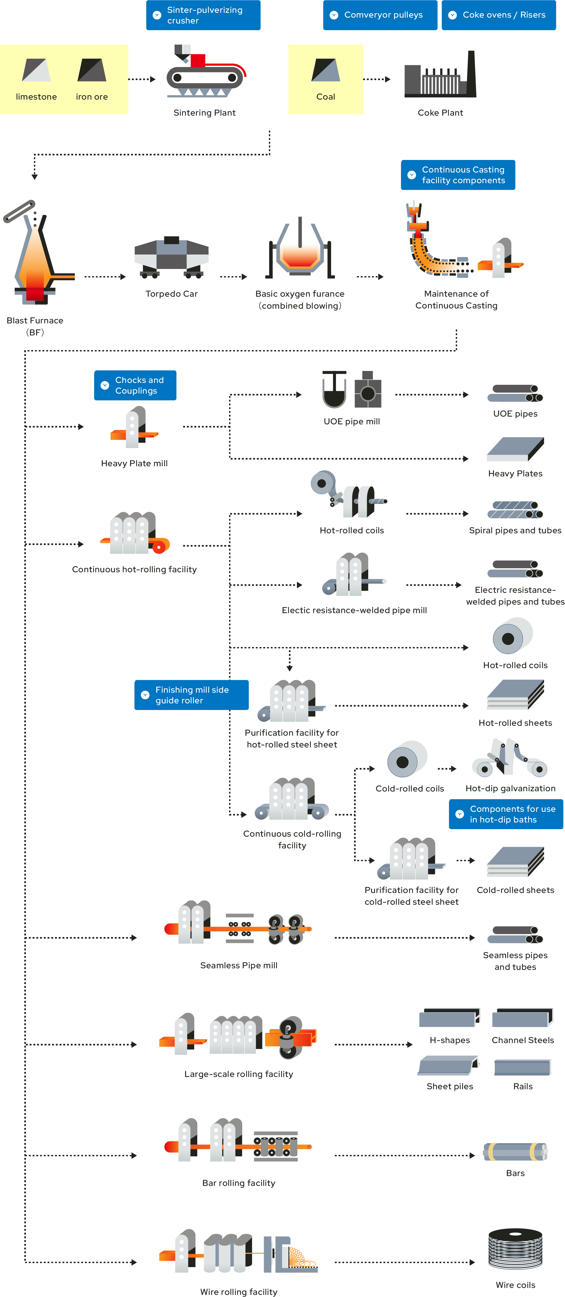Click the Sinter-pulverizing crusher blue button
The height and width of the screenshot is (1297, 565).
click(203, 15)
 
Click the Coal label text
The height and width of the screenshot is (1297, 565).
click(325, 97)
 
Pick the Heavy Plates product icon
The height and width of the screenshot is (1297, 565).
click(515, 449)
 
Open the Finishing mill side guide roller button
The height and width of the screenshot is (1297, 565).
click(191, 695)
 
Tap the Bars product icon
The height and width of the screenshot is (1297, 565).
click(515, 1151)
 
